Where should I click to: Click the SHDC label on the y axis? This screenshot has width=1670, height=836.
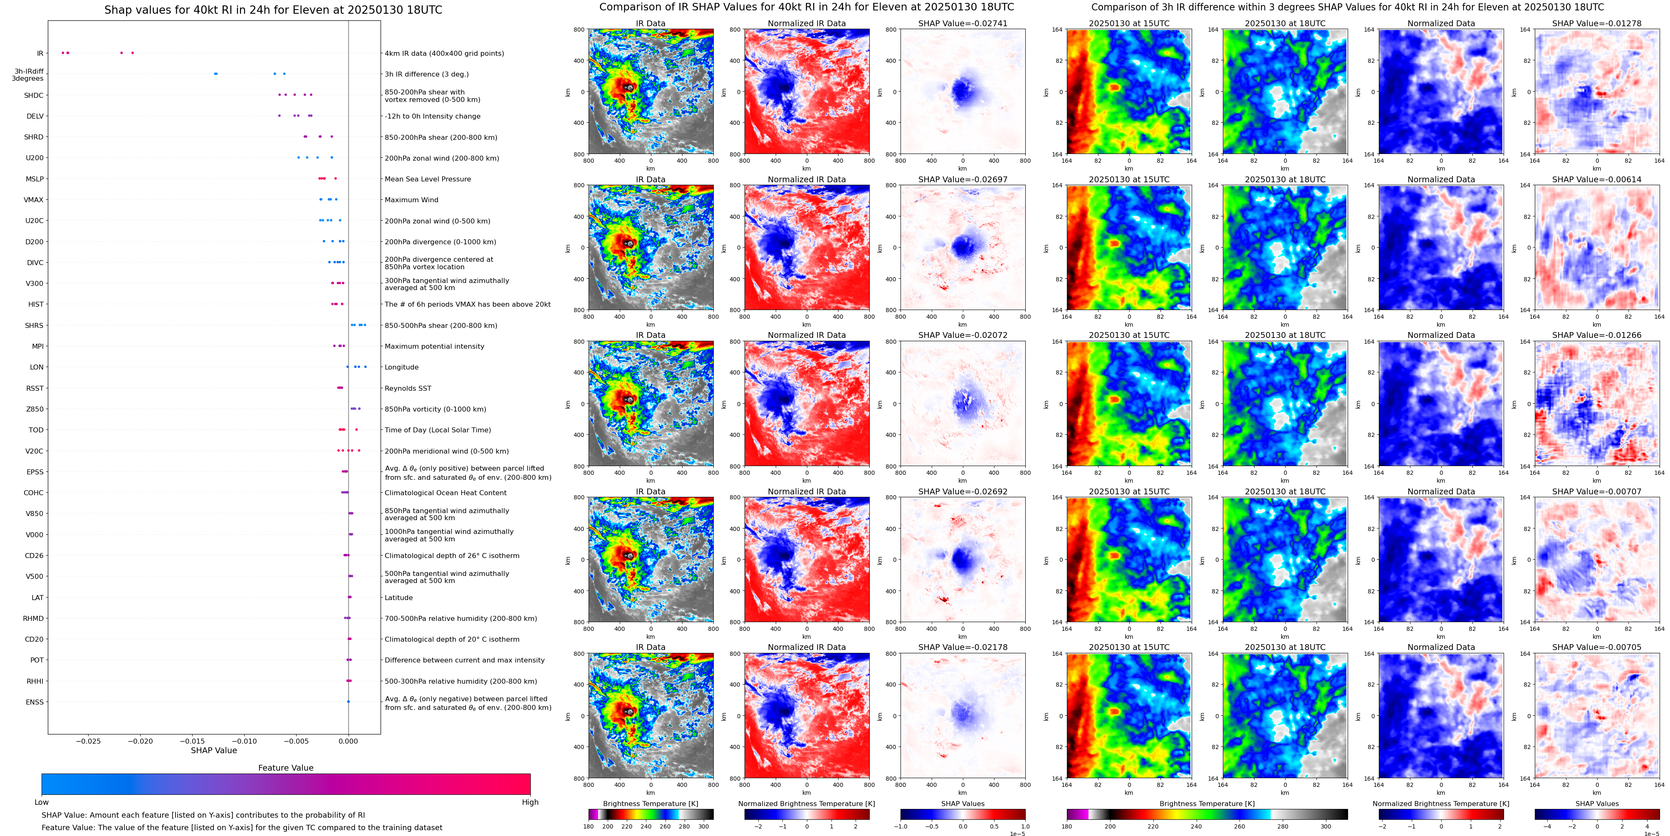(x=34, y=95)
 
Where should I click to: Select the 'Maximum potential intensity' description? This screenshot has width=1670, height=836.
(x=434, y=346)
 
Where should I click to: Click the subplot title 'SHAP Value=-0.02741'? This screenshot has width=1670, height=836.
(x=962, y=23)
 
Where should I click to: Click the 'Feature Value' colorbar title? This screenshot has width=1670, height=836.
(x=285, y=768)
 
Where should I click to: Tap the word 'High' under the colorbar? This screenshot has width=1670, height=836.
(x=529, y=802)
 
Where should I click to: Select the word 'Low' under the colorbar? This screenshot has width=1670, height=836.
(x=42, y=802)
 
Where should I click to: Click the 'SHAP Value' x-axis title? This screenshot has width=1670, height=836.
(x=213, y=750)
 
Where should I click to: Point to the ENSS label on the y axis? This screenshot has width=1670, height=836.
(x=35, y=702)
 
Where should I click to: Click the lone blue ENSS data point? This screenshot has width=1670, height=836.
(x=348, y=702)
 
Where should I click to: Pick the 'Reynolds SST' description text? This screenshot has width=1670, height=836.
(x=407, y=389)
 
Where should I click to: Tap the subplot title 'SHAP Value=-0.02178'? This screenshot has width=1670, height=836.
(x=962, y=647)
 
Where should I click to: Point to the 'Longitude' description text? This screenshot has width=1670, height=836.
(x=401, y=367)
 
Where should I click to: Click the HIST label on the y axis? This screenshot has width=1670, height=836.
(x=36, y=304)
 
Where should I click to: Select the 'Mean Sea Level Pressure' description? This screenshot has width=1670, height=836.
(x=427, y=179)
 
